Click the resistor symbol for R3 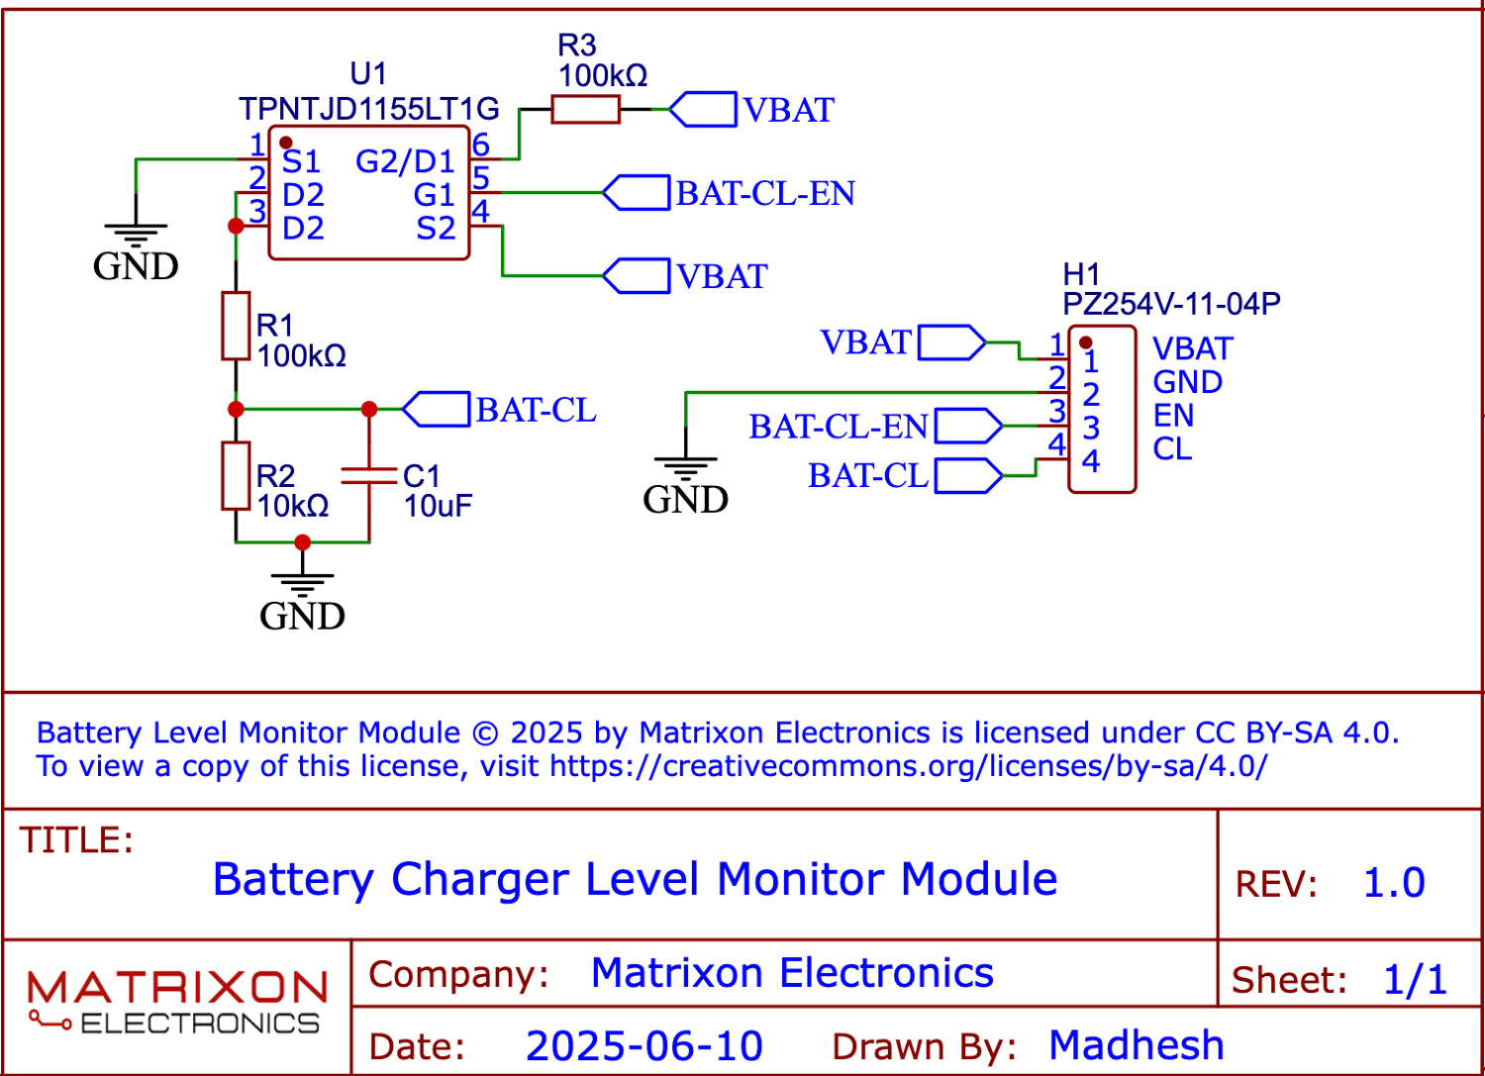[x=585, y=109]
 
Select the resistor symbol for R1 [x=236, y=326]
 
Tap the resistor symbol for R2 [x=236, y=476]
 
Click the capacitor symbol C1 [x=369, y=476]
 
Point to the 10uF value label [x=438, y=506]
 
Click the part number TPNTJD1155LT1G [x=368, y=109]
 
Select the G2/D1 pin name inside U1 [x=405, y=161]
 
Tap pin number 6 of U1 [x=481, y=146]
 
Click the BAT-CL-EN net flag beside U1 [x=637, y=193]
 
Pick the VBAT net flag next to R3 [x=703, y=109]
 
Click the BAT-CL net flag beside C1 [x=437, y=410]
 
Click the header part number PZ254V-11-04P [x=1171, y=304]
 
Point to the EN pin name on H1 [x=1173, y=416]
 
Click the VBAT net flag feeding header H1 [x=951, y=343]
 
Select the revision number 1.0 [x=1394, y=883]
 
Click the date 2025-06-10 [x=644, y=1046]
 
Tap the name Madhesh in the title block [x=1137, y=1045]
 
